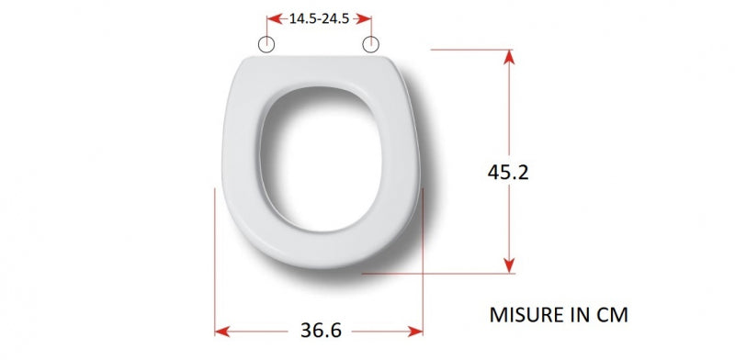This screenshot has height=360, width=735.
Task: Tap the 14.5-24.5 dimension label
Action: click(x=319, y=18)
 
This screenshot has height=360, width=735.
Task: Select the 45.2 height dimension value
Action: click(x=508, y=173)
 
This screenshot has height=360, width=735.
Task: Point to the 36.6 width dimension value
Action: click(x=321, y=331)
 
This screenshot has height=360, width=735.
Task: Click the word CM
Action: click(x=612, y=315)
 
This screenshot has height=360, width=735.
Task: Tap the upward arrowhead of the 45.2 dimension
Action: click(x=509, y=57)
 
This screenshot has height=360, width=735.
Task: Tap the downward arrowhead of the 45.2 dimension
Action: click(x=509, y=265)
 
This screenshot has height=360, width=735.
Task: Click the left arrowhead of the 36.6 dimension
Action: click(x=222, y=332)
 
